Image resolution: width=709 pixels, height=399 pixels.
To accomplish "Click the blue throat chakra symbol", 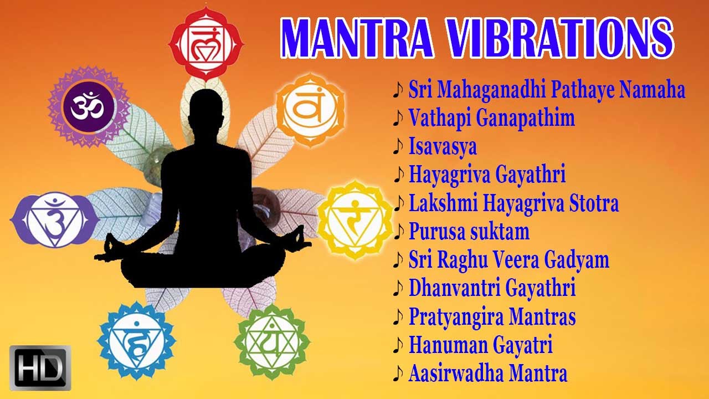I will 137,340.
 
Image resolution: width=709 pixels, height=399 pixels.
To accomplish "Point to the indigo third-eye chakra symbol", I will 54,219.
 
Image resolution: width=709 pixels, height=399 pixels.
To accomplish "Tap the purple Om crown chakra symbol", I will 89,106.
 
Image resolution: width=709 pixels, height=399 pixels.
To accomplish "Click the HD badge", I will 40,367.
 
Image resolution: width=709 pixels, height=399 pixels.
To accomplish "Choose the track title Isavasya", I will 443,147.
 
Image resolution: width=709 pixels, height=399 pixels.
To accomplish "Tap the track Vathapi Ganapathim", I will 491,118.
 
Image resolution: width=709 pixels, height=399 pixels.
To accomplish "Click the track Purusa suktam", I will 469,231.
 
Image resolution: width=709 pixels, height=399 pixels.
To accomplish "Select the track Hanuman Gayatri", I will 480,345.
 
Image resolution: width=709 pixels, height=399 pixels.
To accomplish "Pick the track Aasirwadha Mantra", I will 487,374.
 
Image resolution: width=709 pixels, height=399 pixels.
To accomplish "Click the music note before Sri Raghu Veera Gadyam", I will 398,260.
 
